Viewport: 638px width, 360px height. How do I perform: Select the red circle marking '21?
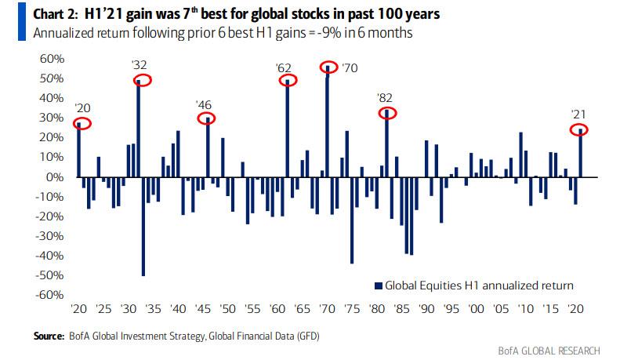[x=579, y=129]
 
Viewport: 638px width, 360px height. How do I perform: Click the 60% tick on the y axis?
[x=51, y=60]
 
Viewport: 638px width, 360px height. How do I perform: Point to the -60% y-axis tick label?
[x=49, y=295]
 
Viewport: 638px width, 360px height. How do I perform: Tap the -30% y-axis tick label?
[x=49, y=236]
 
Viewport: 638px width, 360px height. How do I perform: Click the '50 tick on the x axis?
[x=228, y=310]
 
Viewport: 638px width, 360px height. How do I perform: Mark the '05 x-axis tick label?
[x=500, y=310]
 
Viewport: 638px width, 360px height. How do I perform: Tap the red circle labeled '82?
[x=388, y=113]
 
